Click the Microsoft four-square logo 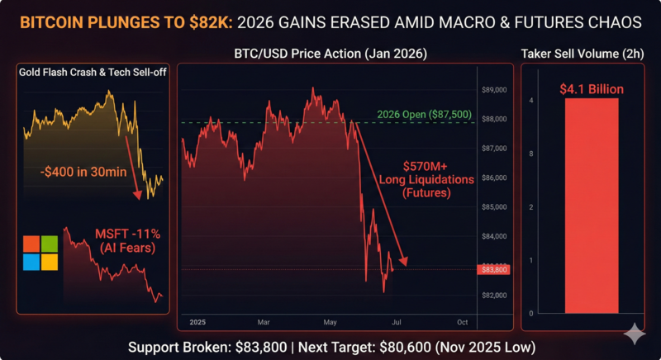[x=40, y=253]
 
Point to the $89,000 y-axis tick [x=493, y=89]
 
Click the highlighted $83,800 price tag [x=493, y=269]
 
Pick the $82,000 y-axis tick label [x=493, y=296]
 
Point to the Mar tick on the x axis [x=263, y=321]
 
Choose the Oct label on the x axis [x=463, y=321]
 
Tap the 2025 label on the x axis [x=198, y=321]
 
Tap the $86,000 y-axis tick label [x=493, y=178]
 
